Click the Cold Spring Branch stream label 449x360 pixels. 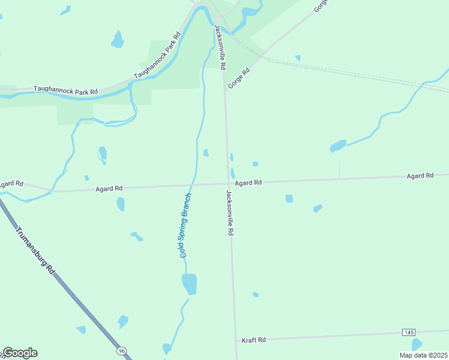[185, 226]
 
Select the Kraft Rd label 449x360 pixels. [253, 340]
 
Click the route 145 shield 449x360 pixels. [409, 332]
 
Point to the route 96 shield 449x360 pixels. [122, 350]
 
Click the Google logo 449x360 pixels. [20, 353]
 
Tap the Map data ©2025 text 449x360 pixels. [423, 355]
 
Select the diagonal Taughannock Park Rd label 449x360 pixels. [157, 56]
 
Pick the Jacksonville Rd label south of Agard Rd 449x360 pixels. [229, 213]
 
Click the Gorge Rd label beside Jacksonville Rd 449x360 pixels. [238, 78]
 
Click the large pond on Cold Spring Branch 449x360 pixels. [189, 283]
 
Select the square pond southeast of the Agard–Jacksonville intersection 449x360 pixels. [289, 199]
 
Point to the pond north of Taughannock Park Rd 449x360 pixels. [118, 40]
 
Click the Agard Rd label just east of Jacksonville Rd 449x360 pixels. [248, 182]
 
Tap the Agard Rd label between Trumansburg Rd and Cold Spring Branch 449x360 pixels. [109, 188]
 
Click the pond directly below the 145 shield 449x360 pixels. [417, 344]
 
